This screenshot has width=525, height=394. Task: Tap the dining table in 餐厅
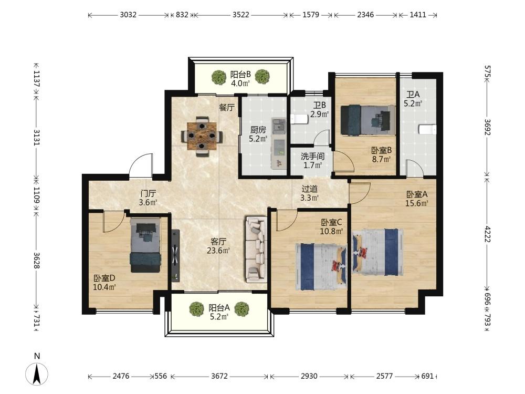(x=202, y=136)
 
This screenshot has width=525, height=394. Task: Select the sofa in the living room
(x=257, y=249)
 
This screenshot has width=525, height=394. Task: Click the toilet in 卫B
(x=299, y=119)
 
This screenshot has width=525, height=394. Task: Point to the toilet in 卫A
(x=428, y=129)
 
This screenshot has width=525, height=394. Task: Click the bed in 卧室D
(x=145, y=245)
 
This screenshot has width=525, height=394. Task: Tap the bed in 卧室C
(x=321, y=267)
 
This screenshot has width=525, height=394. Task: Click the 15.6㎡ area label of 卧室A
(x=417, y=203)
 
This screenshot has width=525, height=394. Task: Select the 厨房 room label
(x=258, y=130)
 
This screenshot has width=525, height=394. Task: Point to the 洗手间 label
(x=312, y=156)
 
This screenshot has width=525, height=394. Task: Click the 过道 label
(x=309, y=189)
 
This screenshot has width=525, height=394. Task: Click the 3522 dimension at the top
(x=241, y=15)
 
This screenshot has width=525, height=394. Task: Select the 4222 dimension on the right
(x=488, y=234)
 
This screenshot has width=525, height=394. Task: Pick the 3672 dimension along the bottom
(x=219, y=376)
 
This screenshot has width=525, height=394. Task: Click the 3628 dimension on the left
(x=37, y=260)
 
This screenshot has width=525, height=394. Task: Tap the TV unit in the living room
(x=175, y=255)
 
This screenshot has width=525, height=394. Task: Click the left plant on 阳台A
(x=196, y=309)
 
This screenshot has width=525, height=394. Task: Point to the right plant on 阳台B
(x=262, y=77)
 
